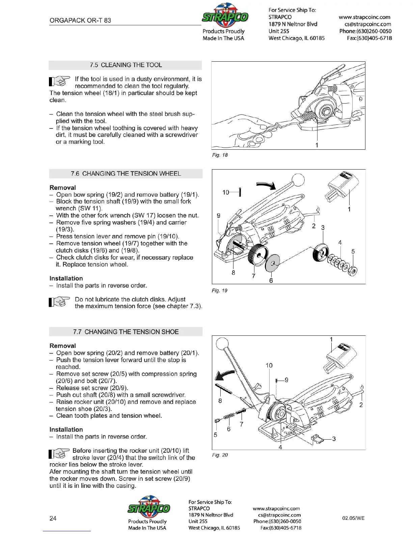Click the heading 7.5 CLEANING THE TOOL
coord(126,65)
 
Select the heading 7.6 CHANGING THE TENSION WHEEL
coord(126,174)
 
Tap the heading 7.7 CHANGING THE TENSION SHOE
coord(126,332)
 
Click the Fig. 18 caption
coord(220,155)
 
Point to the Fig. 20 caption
coord(220,455)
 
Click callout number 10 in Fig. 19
coord(226,192)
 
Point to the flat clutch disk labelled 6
coord(272,263)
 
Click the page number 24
coord(53,518)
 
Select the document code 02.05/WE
coord(353,518)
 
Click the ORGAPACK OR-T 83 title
coord(80,20)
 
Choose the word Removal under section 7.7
coord(63,346)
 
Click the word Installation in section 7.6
coord(66,278)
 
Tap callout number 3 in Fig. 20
coord(334,439)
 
